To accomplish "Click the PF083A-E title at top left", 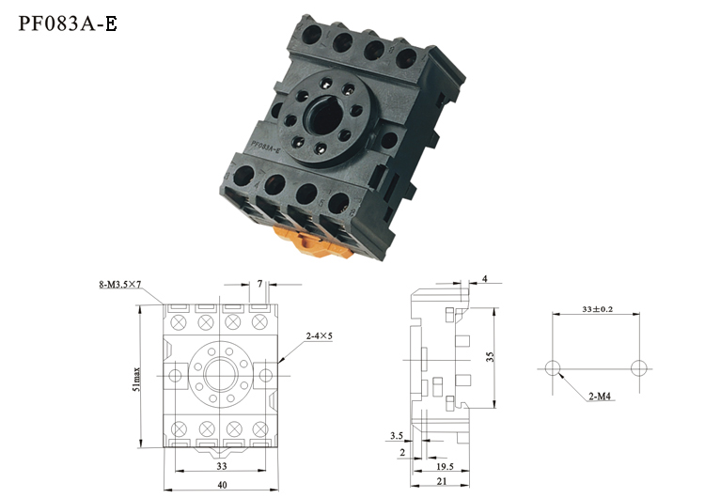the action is coord(68,23).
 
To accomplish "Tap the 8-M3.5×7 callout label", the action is coord(120,284).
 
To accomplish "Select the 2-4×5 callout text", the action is coord(320,335).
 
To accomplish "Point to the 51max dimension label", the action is coord(136,380).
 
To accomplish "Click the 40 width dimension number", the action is coord(222,485).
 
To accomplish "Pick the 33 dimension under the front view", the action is coord(222,466).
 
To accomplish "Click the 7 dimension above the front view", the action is coord(259,284).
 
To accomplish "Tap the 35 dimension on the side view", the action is coord(490,357).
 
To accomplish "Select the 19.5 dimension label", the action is coord(445,467).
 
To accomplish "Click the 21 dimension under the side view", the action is coord(442,481).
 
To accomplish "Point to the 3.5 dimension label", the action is coord(397,436).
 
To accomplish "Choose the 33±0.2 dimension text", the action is coord(597,309).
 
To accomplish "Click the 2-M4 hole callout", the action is coord(600,397).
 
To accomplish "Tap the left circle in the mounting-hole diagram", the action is coord(553,368).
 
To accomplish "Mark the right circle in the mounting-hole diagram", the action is coord(639,368).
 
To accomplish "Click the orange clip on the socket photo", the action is coord(315,242).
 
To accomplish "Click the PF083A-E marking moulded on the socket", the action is coord(266,147).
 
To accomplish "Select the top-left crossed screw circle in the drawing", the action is coord(179,322).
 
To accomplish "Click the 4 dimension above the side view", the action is coord(485,279).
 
